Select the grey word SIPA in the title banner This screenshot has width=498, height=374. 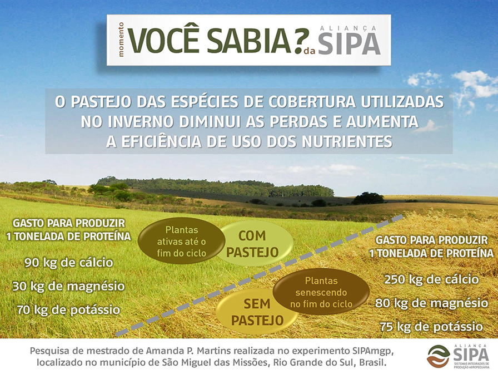coord(350,44)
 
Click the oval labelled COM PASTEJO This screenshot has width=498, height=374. coord(252,244)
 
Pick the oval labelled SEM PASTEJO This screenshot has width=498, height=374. coord(257,312)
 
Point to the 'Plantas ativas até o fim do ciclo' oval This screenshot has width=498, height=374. coord(181,241)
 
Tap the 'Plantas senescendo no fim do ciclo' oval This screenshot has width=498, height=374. coord(321,292)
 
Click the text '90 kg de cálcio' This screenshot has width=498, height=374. coord(69,263)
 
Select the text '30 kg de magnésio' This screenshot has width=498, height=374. coord(68,286)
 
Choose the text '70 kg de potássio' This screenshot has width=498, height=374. coord(68,310)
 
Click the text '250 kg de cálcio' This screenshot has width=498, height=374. coord(431,279)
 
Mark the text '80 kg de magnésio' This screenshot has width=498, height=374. coord(432,303)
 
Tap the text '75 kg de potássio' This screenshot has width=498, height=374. coord(431,327)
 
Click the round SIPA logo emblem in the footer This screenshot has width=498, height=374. coord(439,356)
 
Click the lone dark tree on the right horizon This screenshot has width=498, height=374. coord(368,199)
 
